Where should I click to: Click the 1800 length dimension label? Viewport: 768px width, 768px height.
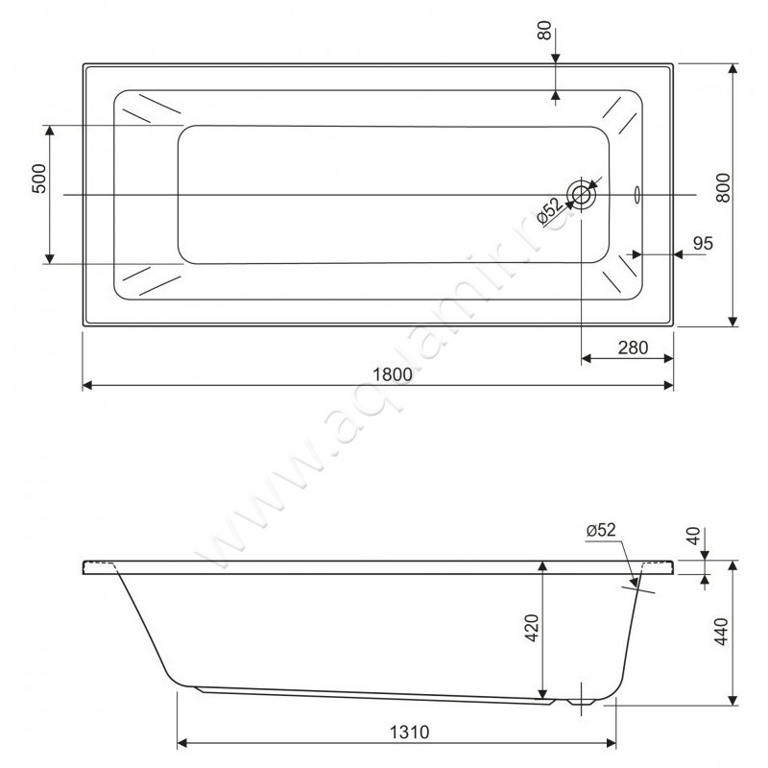[393, 374]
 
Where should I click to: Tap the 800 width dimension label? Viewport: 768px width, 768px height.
[723, 187]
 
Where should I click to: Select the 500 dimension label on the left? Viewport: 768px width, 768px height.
[39, 179]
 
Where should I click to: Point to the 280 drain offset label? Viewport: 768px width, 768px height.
[633, 348]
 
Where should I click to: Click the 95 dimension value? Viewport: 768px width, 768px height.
[704, 244]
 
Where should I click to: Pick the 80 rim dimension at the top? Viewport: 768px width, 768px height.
[545, 31]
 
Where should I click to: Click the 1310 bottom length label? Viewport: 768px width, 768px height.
[410, 732]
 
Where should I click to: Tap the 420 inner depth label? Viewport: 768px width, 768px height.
[532, 628]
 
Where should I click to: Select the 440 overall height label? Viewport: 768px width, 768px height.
[722, 632]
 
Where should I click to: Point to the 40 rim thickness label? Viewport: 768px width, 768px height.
[693, 537]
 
